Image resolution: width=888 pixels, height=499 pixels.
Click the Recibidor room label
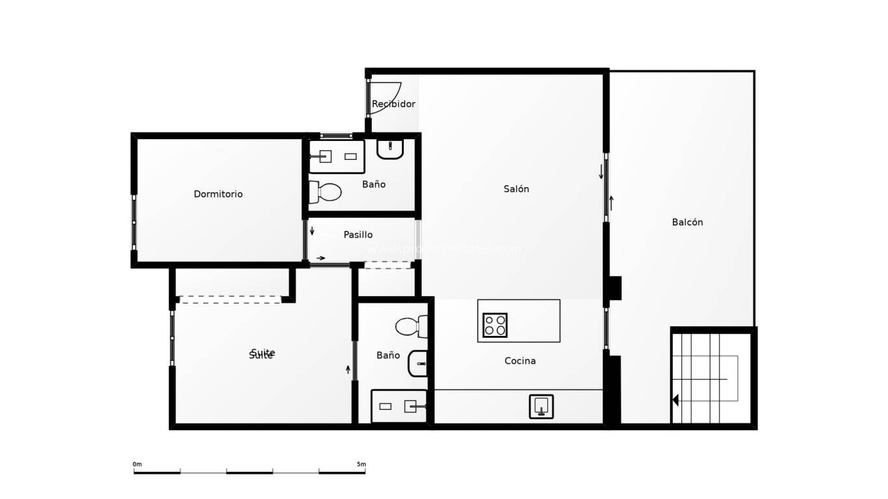(x=393, y=104)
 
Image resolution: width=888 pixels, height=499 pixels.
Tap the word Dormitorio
(x=218, y=194)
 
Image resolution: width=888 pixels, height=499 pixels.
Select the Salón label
(x=516, y=189)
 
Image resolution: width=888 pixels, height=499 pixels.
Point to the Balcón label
(x=687, y=222)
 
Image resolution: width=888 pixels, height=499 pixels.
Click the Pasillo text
(x=358, y=235)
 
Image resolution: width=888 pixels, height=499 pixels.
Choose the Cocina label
(x=520, y=361)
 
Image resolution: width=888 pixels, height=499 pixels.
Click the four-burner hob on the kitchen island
(x=495, y=325)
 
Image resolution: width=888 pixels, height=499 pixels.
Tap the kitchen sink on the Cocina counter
(x=541, y=406)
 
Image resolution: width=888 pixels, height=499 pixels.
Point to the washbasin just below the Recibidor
(x=390, y=148)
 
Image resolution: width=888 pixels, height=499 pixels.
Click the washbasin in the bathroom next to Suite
(x=418, y=364)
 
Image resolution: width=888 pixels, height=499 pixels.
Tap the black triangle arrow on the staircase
(x=675, y=400)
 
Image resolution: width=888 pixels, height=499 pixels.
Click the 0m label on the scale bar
(x=137, y=464)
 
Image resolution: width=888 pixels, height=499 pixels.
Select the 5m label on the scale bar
(x=361, y=464)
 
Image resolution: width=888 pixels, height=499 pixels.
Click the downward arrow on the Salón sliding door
(x=601, y=172)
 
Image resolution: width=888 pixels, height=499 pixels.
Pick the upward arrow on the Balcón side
(x=611, y=203)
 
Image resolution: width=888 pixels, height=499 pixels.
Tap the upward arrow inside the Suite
(x=348, y=370)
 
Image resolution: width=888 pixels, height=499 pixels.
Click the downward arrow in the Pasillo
(x=312, y=231)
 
